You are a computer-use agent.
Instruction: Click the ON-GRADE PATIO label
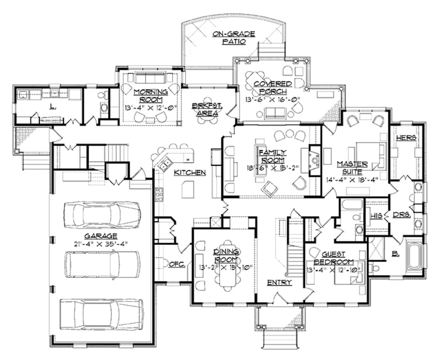click(234, 38)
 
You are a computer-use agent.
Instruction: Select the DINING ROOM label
click(224, 255)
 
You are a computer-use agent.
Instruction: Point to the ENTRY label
click(279, 282)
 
